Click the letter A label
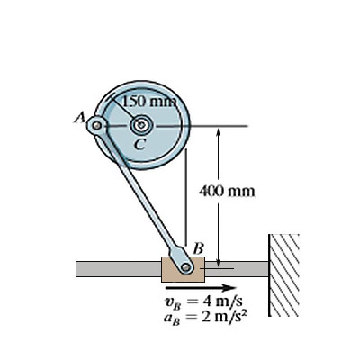pos(79,117)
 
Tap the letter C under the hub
pos(139,145)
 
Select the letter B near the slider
pos(199,248)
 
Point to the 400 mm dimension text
pos(227,191)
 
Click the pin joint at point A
pos(96,126)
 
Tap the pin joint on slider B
pos(186,266)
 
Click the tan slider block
pos(183,269)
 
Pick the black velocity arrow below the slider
pos(201,288)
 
